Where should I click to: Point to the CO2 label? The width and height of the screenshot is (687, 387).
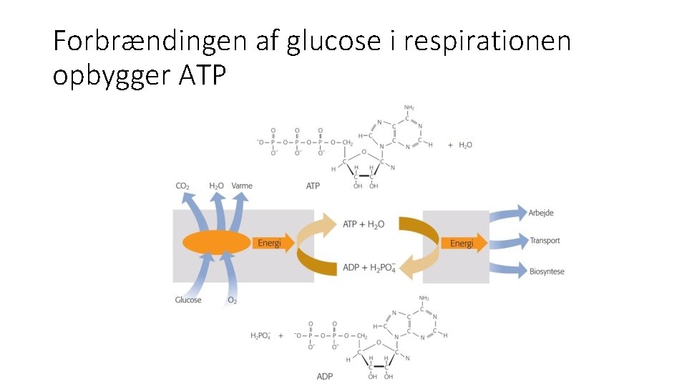point(182,186)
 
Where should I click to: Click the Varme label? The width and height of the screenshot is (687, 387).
point(242,186)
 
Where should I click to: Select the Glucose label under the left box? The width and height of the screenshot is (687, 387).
point(188,300)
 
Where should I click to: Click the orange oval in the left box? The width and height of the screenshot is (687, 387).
point(214,242)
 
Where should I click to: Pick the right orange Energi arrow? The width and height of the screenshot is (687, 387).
point(464,244)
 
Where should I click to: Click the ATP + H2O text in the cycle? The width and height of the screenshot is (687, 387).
point(364,224)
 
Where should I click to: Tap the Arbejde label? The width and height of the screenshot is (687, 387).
point(541,213)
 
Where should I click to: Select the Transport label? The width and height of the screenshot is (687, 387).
point(545,241)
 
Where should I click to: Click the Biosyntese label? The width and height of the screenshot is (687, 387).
point(547,270)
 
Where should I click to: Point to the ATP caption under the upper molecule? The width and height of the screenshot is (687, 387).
point(313,186)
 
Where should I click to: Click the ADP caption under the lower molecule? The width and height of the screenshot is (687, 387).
point(324,376)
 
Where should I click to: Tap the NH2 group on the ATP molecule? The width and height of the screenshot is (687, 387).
point(409,108)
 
